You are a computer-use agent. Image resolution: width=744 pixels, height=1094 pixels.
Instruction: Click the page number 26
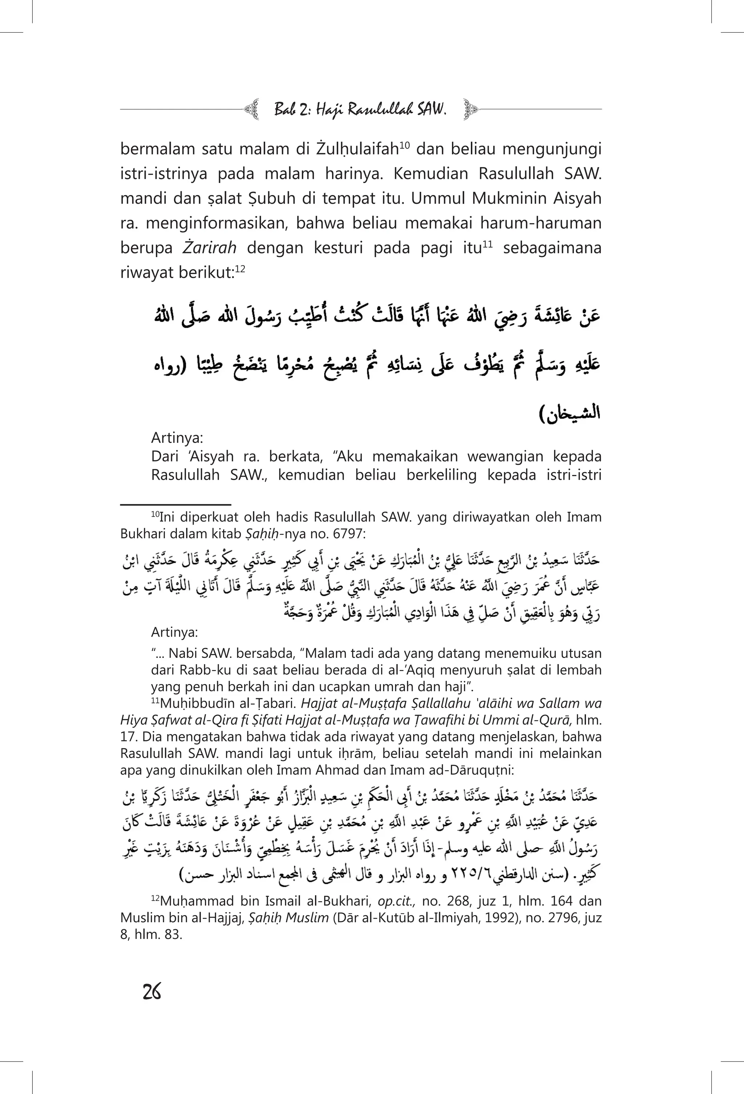click(151, 992)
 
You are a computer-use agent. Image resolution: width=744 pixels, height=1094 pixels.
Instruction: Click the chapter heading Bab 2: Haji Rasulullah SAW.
click(360, 110)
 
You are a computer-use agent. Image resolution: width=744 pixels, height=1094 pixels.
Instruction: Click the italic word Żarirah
click(210, 248)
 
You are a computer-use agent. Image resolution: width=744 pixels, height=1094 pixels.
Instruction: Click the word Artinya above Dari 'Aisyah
click(177, 438)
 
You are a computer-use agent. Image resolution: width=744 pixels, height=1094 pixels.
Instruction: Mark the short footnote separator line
click(175, 505)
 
